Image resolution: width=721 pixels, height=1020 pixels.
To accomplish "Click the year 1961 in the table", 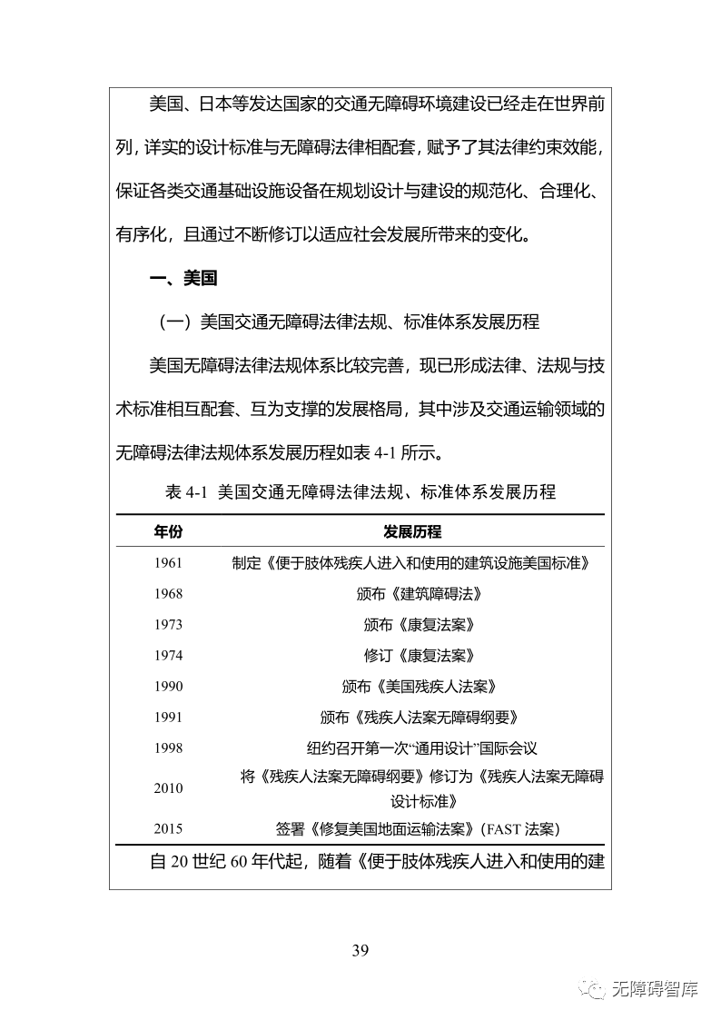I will (168, 563).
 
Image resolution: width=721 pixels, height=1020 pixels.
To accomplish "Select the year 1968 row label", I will (168, 594).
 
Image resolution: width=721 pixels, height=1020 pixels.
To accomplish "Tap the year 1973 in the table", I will (168, 625).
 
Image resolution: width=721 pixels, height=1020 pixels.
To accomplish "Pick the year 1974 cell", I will (168, 656).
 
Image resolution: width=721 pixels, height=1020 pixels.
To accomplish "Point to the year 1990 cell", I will (168, 687).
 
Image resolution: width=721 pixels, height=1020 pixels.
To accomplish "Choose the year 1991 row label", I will (168, 718).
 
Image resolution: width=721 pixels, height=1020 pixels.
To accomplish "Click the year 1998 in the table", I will (168, 748).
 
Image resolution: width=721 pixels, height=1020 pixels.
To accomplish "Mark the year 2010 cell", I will (168, 788).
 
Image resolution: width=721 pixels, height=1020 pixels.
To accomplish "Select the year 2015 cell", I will (168, 828).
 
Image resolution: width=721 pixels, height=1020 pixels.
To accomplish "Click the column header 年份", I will (168, 531).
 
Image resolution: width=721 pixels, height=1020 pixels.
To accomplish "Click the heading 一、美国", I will (183, 279).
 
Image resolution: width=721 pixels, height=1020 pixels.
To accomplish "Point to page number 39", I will (360, 951).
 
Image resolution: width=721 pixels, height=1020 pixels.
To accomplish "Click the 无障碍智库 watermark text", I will (655, 989).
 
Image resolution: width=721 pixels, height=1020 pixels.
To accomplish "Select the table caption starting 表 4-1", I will (360, 491).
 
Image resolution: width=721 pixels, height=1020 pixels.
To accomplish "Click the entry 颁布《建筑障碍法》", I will (419, 594).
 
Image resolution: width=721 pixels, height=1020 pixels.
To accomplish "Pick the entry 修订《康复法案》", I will (419, 656).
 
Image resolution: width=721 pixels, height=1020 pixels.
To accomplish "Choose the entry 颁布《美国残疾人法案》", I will (419, 687).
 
